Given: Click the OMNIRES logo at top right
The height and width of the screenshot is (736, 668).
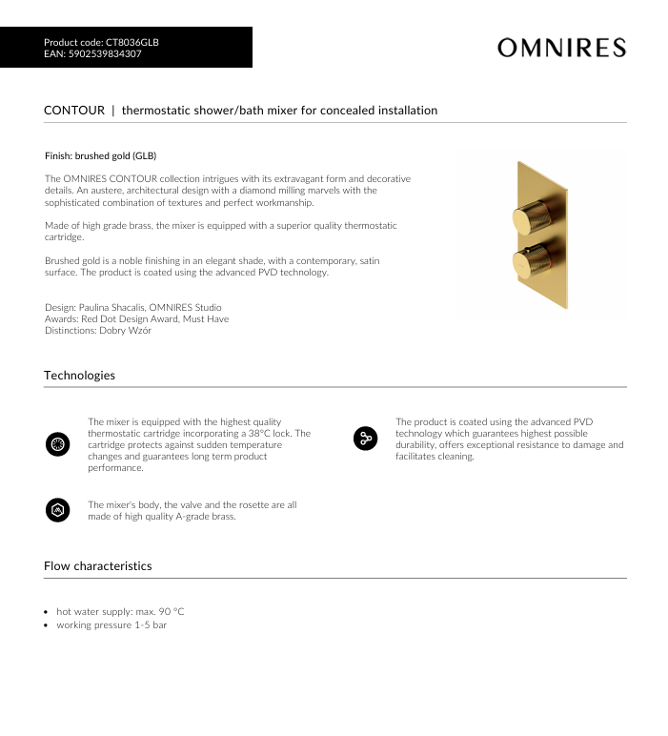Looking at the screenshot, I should [x=561, y=48].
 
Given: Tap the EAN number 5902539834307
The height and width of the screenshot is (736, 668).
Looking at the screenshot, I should [x=104, y=54].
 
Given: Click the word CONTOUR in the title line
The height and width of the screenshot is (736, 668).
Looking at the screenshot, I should [x=74, y=111].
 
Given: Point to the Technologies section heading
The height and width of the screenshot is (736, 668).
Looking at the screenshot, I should [x=79, y=376].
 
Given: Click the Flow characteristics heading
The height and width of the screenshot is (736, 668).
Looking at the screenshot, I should [x=97, y=566].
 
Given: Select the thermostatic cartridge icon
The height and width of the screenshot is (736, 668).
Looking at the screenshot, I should [x=57, y=443].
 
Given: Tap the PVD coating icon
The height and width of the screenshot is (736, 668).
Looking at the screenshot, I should [x=365, y=439].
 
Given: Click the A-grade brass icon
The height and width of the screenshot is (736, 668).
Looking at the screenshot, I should [x=57, y=510].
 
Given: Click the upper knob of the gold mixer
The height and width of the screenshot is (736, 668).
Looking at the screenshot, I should [x=527, y=218].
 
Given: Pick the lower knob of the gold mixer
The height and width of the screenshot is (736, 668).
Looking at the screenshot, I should [x=527, y=262].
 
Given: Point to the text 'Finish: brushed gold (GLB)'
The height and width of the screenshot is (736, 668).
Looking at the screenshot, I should [x=101, y=155].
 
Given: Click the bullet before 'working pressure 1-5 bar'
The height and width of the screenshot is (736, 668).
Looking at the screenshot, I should [x=48, y=625].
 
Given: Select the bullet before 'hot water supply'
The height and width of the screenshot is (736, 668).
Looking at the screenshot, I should [x=48, y=611].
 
